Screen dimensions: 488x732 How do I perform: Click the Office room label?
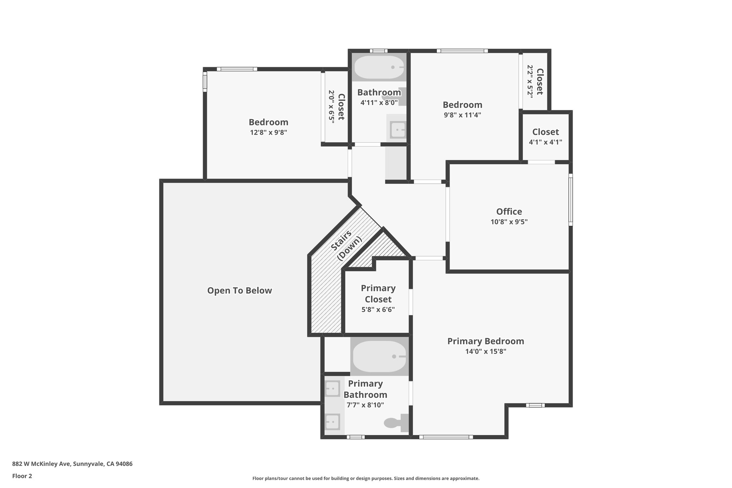pos(509,212)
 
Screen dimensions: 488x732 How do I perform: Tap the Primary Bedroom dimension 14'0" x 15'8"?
pos(486,351)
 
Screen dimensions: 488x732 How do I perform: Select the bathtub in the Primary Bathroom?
pos(379,356)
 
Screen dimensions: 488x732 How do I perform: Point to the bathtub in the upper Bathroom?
pos(379,67)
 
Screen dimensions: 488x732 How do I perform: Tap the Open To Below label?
pos(239,291)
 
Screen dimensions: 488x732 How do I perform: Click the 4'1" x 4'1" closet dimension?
pos(545,142)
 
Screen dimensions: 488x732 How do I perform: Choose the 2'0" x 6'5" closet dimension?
pos(332,107)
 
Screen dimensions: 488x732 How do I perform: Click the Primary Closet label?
pos(378,294)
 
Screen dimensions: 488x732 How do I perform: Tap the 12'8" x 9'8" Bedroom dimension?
pos(268,132)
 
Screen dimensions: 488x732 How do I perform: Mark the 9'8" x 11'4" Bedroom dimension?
pos(463,115)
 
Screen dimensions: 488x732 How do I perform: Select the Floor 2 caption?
pos(22,476)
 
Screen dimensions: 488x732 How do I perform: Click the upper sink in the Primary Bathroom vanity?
pos(332,388)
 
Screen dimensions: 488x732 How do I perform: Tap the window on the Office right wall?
pos(570,199)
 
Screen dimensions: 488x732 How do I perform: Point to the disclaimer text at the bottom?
pos(366,478)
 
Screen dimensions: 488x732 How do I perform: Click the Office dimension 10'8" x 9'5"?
pos(509,222)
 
